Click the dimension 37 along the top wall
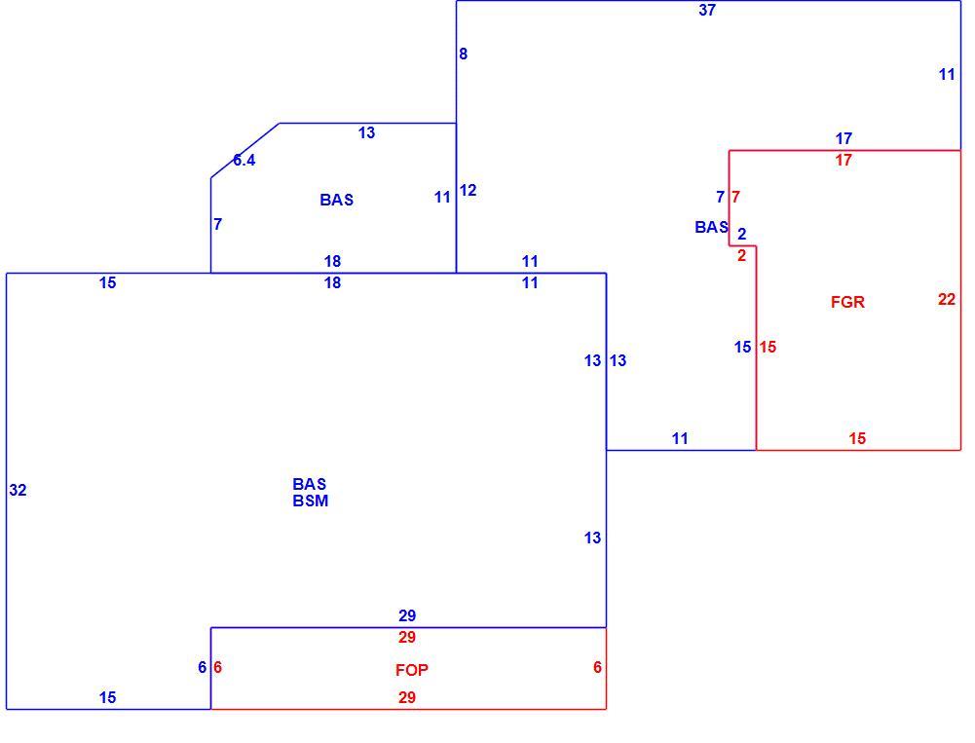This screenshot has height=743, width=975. coord(707,10)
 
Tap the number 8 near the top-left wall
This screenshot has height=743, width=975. coord(464,55)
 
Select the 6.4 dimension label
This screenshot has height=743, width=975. coord(244,161)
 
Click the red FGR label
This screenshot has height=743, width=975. coord(847,302)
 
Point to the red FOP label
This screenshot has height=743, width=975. coord(412,670)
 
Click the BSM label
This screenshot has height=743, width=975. coord(311,502)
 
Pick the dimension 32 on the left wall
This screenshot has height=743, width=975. coord(19,491)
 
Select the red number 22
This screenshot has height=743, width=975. coord(947,300)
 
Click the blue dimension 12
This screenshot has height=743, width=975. coord(469,191)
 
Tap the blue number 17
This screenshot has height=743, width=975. coord(844,138)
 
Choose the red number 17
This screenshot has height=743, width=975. coord(844,161)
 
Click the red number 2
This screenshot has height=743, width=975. coord(742,255)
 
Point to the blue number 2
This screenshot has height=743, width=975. coord(742,235)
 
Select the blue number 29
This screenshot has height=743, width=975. coord(407,615)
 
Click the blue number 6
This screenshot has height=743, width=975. coord(202,667)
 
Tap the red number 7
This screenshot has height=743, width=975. coord(736,197)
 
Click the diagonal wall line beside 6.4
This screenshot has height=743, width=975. coord(245,151)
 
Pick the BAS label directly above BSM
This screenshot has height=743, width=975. coord(310,484)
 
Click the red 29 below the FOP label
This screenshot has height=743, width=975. coord(407,697)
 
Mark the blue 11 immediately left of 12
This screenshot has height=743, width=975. coord(442,198)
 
